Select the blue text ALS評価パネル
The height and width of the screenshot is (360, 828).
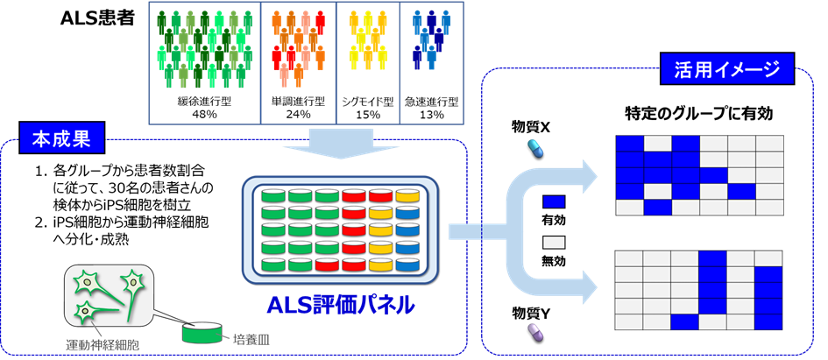click(x=341, y=306)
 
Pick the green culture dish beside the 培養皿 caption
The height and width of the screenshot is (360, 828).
click(x=202, y=333)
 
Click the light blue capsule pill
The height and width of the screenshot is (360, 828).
click(x=534, y=147)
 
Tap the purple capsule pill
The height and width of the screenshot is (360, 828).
click(x=534, y=332)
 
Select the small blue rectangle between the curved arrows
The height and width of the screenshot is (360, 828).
click(x=554, y=202)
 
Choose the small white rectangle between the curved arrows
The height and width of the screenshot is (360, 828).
click(x=554, y=242)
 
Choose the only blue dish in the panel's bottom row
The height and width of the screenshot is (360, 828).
click(x=407, y=265)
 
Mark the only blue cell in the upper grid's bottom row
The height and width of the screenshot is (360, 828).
click(x=658, y=208)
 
